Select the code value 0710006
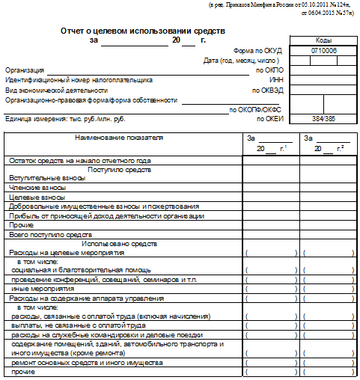click(323, 51)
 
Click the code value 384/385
click(323, 119)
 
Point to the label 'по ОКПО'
click(268, 70)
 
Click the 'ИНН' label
click(275, 79)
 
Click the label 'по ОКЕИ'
click(269, 119)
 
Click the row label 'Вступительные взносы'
click(47, 179)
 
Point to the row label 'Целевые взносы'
click(35, 197)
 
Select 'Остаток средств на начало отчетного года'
click(79, 160)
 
